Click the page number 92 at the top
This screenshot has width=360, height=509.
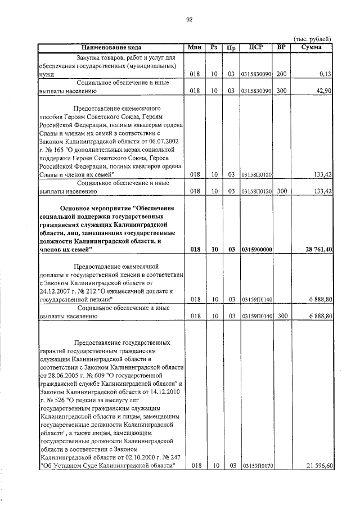190,19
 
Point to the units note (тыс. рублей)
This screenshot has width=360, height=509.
312,38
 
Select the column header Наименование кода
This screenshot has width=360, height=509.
111,47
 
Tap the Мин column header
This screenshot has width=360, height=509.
194,47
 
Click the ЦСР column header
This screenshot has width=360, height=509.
256,47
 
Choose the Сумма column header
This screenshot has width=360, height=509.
311,47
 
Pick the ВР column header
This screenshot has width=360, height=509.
281,47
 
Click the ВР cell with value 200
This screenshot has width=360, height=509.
282,74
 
